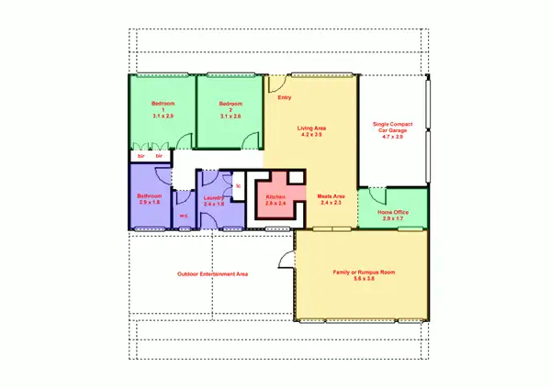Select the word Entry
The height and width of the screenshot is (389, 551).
pos(284,97)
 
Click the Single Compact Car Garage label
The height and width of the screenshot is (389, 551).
pos(391,128)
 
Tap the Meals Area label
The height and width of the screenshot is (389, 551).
pos(331,195)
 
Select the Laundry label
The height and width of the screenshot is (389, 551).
pos(214,198)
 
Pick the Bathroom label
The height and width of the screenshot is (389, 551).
pos(150,196)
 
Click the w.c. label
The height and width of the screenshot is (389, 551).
pos(184,216)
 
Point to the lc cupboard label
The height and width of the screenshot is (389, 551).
pos(238,186)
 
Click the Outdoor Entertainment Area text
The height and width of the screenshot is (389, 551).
pos(213,273)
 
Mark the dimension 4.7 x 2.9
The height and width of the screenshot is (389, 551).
pos(392,137)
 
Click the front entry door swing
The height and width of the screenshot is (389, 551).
pos(273,83)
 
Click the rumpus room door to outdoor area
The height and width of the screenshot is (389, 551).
pos(287,258)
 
